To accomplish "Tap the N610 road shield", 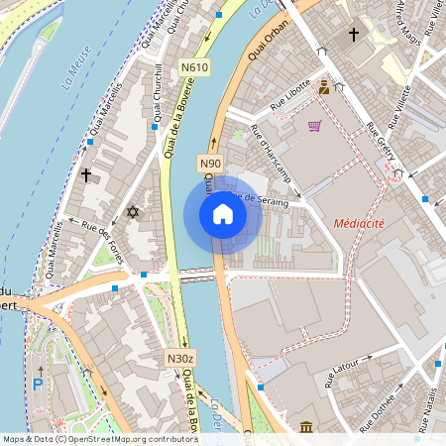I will tap(195, 67).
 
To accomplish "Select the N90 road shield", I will tap(210, 163).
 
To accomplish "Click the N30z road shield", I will tap(178, 358).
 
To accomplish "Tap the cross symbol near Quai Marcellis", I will tap(86, 175).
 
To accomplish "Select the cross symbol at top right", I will tap(353, 35).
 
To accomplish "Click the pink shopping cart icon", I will tap(314, 126).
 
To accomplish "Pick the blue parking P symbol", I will tap(38, 384).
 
